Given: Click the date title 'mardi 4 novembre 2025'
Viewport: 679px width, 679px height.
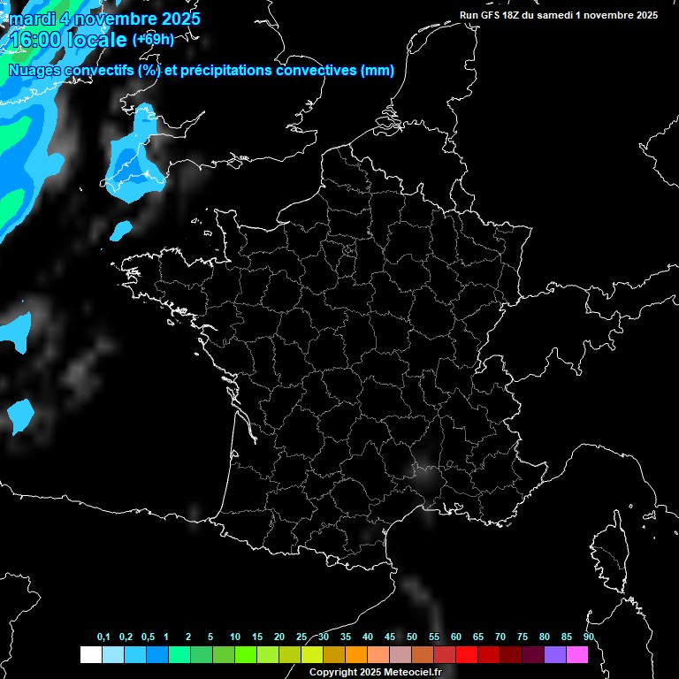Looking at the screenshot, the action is (x=104, y=19).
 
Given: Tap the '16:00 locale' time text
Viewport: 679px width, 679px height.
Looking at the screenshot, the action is (x=69, y=40).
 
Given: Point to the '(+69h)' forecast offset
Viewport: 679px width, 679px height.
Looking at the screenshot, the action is (x=153, y=39).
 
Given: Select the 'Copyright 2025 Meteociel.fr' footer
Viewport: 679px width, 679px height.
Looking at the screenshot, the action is (x=375, y=672).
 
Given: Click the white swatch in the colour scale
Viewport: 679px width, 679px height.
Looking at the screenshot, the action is (x=90, y=654).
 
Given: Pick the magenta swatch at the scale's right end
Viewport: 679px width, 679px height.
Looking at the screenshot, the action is (x=577, y=654).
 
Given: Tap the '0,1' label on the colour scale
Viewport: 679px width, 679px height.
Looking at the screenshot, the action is (x=103, y=637).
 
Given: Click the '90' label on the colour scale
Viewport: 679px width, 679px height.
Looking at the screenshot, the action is (x=589, y=637).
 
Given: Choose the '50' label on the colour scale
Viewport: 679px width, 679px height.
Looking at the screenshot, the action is (x=412, y=637).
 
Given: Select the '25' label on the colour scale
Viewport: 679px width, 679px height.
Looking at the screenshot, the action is (x=301, y=637).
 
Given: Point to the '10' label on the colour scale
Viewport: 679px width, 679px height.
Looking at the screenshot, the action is (x=234, y=637).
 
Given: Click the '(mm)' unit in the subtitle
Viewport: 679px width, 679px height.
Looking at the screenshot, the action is (x=378, y=71).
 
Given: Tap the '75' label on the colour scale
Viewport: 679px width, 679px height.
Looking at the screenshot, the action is (x=523, y=637).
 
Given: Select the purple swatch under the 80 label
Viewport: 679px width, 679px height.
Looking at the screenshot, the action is (x=555, y=654).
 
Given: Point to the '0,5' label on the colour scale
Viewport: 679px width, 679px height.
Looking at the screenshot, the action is (x=148, y=637).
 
